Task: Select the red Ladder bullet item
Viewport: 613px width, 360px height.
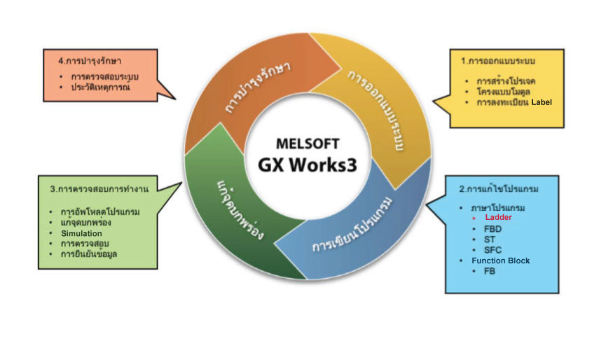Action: [498, 218]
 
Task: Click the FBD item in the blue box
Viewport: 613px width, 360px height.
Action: [493, 229]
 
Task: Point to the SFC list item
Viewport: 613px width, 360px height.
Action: [493, 250]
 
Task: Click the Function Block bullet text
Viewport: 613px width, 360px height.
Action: [500, 261]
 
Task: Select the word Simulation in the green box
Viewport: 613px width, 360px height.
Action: [81, 233]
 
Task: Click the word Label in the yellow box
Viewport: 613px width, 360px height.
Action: [541, 102]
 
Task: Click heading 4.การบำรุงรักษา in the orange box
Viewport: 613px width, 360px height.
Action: [84, 59]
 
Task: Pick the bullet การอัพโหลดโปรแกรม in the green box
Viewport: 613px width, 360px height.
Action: [99, 212]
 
